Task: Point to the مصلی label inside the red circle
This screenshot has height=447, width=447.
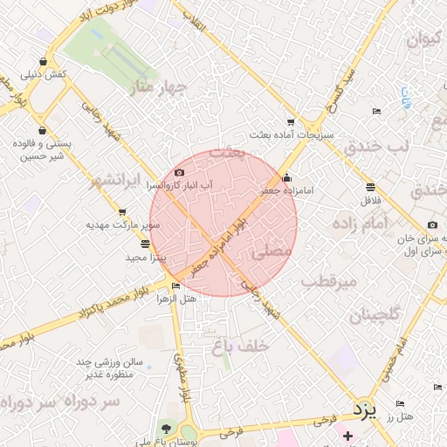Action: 272,251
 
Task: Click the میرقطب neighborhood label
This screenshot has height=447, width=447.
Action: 330,282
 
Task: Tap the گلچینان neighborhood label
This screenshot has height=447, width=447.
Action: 375,315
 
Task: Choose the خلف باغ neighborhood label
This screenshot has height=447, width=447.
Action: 237,347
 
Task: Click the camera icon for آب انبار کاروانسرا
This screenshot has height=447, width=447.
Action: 180,174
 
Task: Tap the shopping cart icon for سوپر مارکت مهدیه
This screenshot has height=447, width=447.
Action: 121,212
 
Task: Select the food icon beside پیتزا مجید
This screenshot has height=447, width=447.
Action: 144,244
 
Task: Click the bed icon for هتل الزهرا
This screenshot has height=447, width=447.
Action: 176,286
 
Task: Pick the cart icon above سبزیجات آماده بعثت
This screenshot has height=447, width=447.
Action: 292,123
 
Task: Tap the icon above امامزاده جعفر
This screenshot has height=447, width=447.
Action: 287,178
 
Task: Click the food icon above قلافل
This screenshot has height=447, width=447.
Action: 370,187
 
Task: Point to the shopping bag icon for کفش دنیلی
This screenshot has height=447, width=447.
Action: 43,60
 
